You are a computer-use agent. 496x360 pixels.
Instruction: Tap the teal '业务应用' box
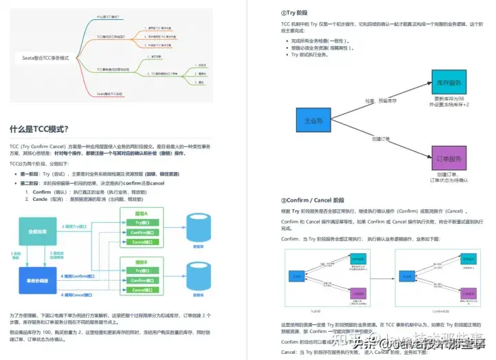37,231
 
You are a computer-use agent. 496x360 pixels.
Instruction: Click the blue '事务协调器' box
37,280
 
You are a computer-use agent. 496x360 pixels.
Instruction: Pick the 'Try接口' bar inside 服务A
143,223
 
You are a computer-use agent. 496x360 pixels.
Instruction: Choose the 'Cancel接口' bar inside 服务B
143,290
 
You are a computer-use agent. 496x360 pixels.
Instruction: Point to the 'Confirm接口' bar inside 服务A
143,233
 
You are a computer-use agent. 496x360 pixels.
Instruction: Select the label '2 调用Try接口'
80,226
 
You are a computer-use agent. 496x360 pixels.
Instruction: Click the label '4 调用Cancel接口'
81,295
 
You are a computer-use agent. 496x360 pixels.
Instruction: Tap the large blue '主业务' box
313,121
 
